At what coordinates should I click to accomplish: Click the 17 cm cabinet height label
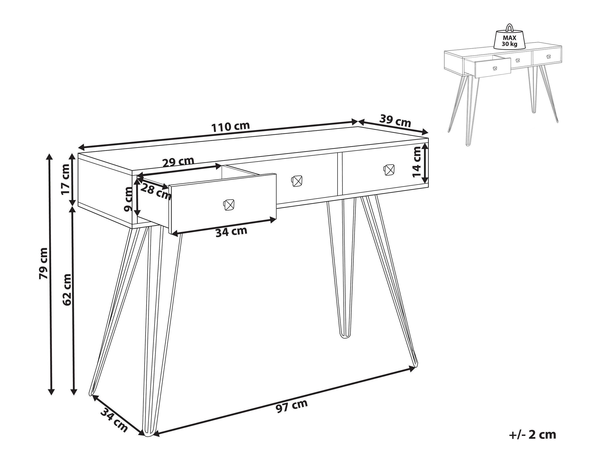[66, 179]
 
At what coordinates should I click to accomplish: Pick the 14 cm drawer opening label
[417, 162]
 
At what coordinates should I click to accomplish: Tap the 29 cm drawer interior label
[178, 162]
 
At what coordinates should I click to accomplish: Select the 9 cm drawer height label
[128, 199]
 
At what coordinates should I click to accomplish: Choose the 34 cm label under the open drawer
[231, 232]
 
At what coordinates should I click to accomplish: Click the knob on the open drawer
[228, 205]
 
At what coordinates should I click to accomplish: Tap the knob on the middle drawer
[296, 181]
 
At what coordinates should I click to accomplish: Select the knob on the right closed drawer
[389, 169]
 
